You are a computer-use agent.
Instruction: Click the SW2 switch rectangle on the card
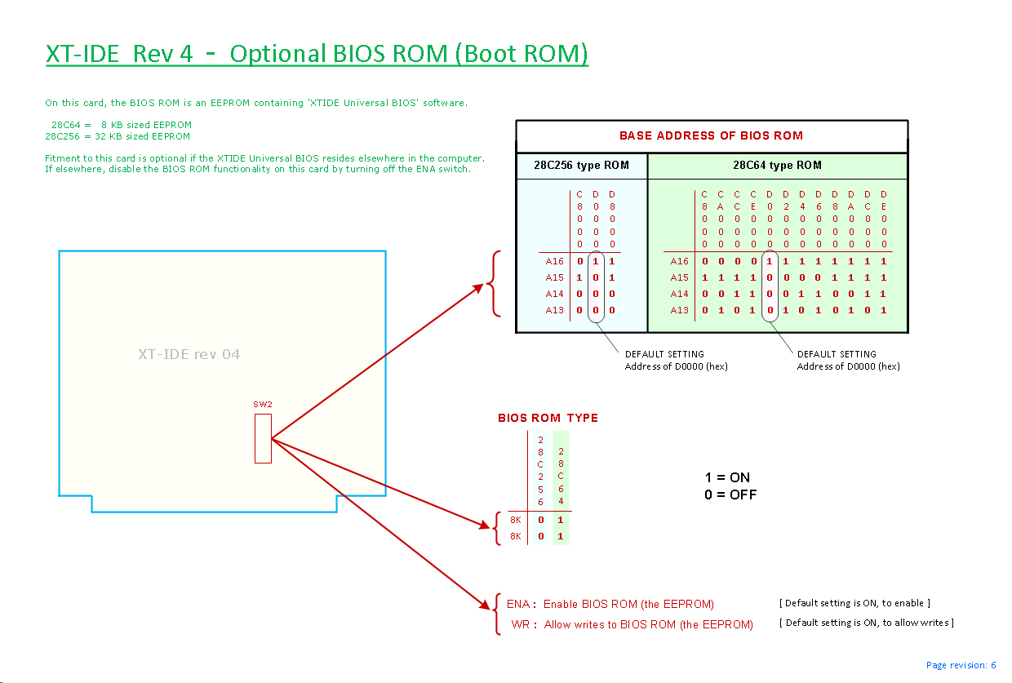[263, 438]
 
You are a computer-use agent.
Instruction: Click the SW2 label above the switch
[261, 405]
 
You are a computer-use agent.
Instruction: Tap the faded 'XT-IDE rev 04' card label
[189, 354]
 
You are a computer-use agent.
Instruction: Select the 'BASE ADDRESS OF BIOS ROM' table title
[711, 135]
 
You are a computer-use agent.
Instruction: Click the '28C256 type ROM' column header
[581, 166]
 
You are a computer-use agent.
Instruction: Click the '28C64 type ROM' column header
[777, 166]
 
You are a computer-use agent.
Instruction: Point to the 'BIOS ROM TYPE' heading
[548, 418]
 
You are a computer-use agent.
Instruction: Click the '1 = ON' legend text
[727, 477]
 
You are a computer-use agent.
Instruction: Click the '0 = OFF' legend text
[730, 495]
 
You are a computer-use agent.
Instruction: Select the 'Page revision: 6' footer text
[961, 665]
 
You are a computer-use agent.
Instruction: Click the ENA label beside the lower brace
[521, 605]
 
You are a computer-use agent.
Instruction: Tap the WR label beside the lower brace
[524, 625]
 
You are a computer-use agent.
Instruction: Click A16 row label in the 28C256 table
[554, 262]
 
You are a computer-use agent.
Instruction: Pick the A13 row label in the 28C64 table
[679, 310]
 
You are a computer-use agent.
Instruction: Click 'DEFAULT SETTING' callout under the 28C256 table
[664, 354]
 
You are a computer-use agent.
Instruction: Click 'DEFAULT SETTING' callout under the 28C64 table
[837, 354]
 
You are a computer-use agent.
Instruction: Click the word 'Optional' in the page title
[277, 54]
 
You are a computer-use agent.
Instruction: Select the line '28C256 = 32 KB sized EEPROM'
[118, 136]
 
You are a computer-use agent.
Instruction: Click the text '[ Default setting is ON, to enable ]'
[854, 604]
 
